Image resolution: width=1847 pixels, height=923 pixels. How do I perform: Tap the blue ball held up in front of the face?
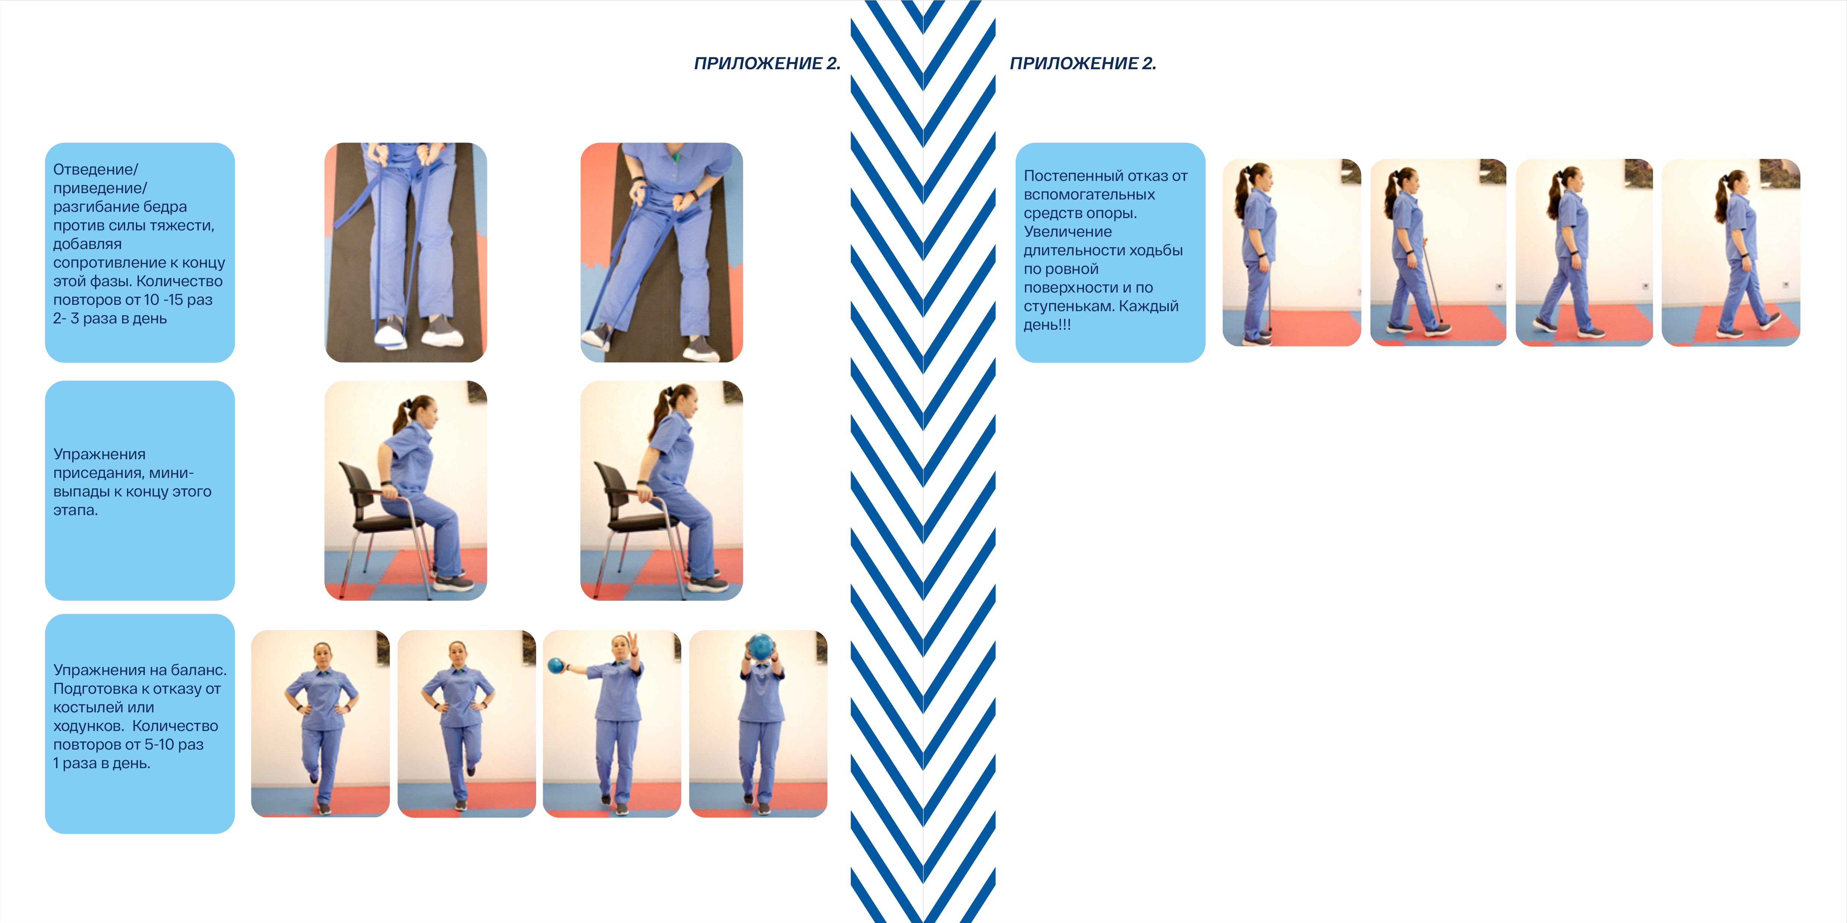coord(760,647)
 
